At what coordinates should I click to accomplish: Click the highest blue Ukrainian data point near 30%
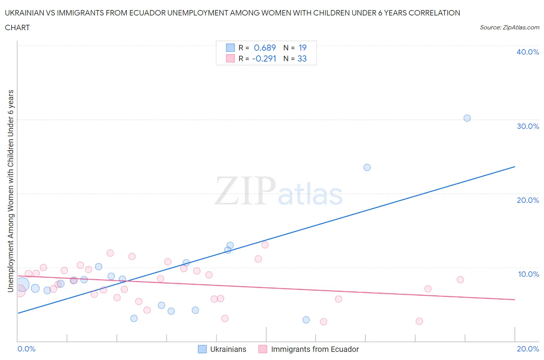(467, 118)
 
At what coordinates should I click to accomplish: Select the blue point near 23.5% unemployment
(367, 167)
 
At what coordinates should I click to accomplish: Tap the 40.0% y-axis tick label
(527, 52)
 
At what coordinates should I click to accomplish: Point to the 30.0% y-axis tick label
(527, 126)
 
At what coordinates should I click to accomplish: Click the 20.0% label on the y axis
(527, 200)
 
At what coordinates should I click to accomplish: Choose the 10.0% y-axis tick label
(528, 274)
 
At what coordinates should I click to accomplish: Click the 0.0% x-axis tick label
(26, 349)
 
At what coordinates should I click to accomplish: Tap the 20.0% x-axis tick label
(528, 349)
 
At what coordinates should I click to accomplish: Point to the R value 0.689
(265, 48)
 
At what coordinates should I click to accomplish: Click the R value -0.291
(264, 58)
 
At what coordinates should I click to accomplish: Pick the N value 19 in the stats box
(302, 48)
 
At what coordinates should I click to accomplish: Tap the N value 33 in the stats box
(302, 58)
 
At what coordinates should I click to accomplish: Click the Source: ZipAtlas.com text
(509, 27)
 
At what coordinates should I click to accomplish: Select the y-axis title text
(10, 191)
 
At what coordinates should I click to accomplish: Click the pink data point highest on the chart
(265, 245)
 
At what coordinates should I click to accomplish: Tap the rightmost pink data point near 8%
(460, 279)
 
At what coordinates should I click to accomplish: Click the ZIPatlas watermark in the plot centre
(279, 191)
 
